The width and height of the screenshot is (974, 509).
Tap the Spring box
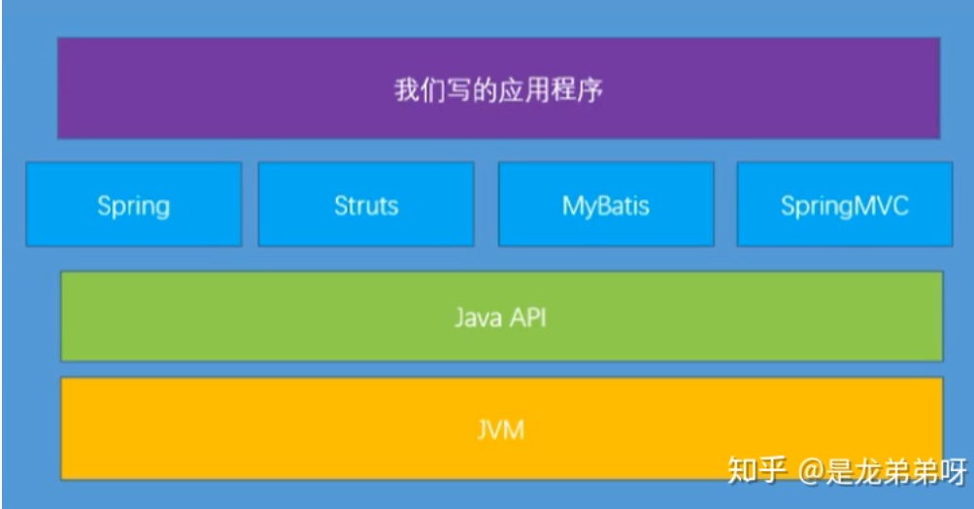coord(134,205)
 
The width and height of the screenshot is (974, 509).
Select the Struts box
coord(366,205)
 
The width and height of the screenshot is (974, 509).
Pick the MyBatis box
coord(605,205)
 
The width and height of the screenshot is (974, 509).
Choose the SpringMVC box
coord(844,205)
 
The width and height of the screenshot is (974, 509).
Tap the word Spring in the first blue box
coord(134,206)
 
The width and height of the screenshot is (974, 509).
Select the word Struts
coord(366,206)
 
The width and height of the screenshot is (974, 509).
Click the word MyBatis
coord(605,206)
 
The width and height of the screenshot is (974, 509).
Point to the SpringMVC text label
coord(844,206)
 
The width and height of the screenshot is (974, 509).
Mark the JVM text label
coord(501,428)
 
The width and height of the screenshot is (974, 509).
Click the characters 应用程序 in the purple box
coord(550,92)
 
